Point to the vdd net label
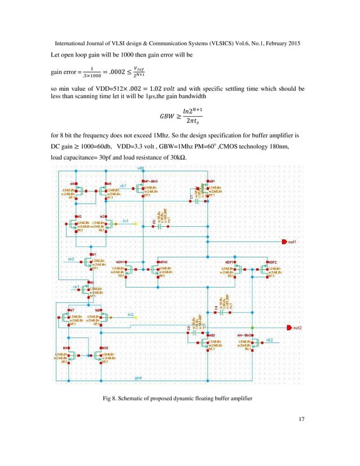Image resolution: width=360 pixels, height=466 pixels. coord(140,168)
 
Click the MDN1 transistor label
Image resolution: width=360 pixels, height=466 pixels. coord(121,262)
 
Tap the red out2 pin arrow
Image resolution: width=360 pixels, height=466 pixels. coord(290,327)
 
